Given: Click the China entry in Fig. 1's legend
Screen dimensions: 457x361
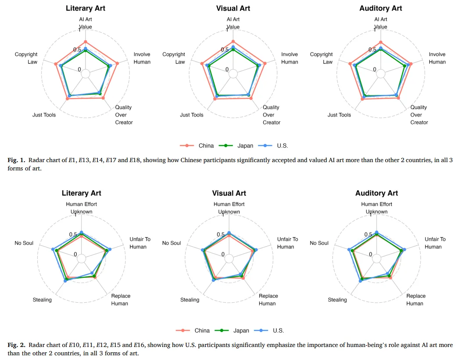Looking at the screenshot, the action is pos(197,145).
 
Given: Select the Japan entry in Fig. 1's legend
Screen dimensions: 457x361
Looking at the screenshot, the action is pos(236,145).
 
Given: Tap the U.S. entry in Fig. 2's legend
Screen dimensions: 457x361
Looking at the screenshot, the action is pos(269,330).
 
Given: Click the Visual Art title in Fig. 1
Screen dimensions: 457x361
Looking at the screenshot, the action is pos(233,8).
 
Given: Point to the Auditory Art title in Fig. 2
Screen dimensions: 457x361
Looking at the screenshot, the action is pos(377,193).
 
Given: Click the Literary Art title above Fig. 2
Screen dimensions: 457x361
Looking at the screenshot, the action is pos(81,193).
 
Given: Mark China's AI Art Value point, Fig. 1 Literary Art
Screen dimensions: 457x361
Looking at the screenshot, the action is pos(86,42).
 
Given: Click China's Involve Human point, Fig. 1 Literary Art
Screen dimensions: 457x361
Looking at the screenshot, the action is pos(117,63).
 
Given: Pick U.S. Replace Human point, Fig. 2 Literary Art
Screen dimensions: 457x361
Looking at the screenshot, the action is pos(92,273).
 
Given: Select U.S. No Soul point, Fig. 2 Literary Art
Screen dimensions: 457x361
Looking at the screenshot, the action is pos(53,249).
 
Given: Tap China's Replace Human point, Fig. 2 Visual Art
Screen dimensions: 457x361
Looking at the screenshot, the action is pos(243,278).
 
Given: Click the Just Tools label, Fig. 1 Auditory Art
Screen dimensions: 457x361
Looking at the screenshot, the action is pos(339,115).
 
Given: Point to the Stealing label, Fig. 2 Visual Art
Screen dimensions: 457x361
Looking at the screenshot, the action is pos(190,300).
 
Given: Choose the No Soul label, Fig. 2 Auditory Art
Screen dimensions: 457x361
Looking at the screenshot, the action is pos(319,243).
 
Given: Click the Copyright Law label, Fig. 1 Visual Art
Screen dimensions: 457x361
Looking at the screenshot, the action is pos(174,58).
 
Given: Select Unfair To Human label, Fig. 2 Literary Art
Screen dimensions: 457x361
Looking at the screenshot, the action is pos(140,243).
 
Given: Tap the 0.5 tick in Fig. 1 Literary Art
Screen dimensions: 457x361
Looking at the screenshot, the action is pos(77,50).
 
